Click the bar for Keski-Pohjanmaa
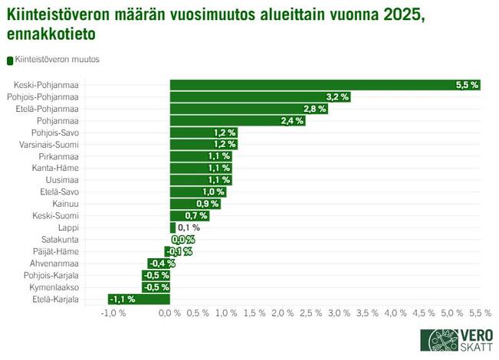pos(325,85)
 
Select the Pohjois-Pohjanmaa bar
pos(260,97)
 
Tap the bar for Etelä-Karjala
pos(139,299)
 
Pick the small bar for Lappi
pos(172,227)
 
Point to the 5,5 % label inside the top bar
pos(467,85)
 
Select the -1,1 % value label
pos(123,299)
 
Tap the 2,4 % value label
pos(293,121)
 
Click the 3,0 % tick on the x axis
pos(339,313)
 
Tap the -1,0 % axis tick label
pos(113,313)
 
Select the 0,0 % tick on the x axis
pos(169,313)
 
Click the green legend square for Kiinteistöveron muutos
pos(10,60)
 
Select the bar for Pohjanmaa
pos(238,121)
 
